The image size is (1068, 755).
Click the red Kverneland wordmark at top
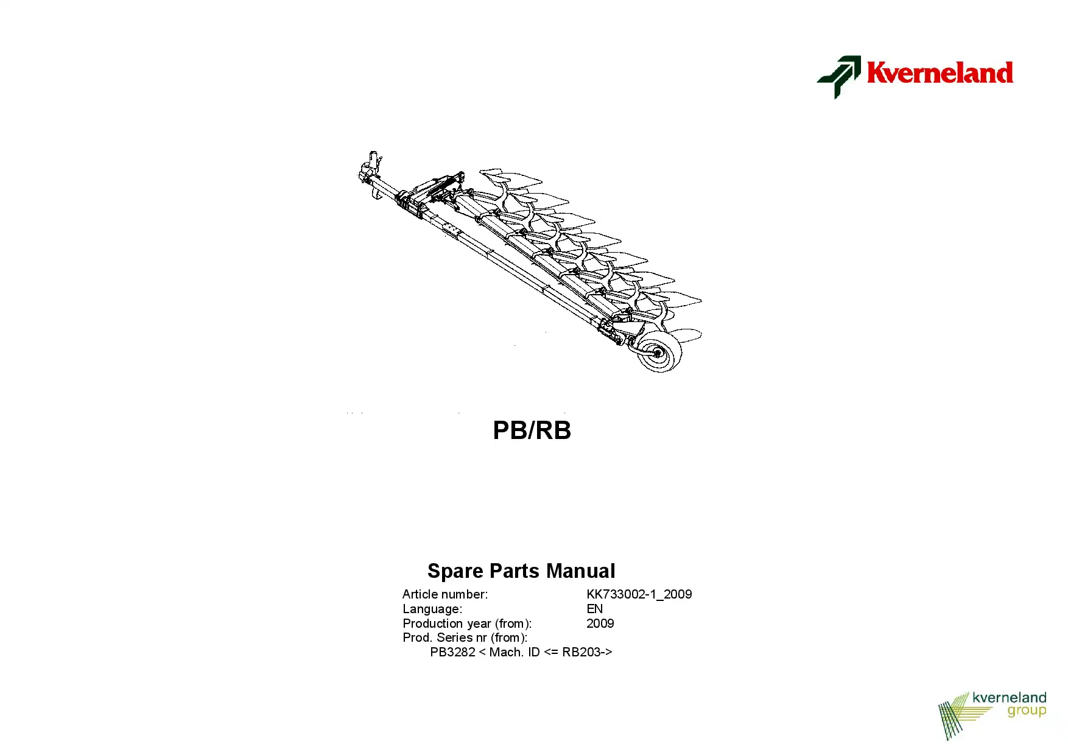(x=940, y=72)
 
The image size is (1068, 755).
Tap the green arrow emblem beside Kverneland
(x=839, y=77)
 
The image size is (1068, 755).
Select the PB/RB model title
(x=532, y=430)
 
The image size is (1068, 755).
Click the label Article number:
(x=445, y=594)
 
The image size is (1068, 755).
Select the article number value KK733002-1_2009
(x=639, y=594)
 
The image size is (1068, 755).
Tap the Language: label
(x=432, y=609)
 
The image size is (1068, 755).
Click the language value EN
(x=595, y=609)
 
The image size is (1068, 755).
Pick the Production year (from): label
(x=467, y=623)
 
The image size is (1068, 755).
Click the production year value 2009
(x=600, y=623)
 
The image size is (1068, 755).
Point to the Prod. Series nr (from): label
(x=465, y=637)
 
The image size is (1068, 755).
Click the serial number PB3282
(x=452, y=652)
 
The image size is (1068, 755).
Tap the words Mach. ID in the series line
(x=515, y=652)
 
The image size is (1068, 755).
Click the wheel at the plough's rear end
(x=659, y=352)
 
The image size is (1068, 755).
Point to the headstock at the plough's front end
(x=370, y=172)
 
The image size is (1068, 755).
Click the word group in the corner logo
(x=1027, y=712)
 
